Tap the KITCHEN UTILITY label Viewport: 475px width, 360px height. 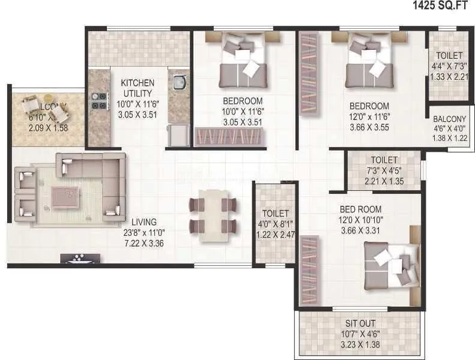[138, 88]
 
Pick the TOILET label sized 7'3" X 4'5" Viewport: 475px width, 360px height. [384, 160]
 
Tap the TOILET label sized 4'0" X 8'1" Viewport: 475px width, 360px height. [275, 213]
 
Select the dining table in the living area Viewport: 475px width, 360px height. [213, 214]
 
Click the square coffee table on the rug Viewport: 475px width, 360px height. [64, 196]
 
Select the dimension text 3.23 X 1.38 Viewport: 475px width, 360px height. [360, 346]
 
